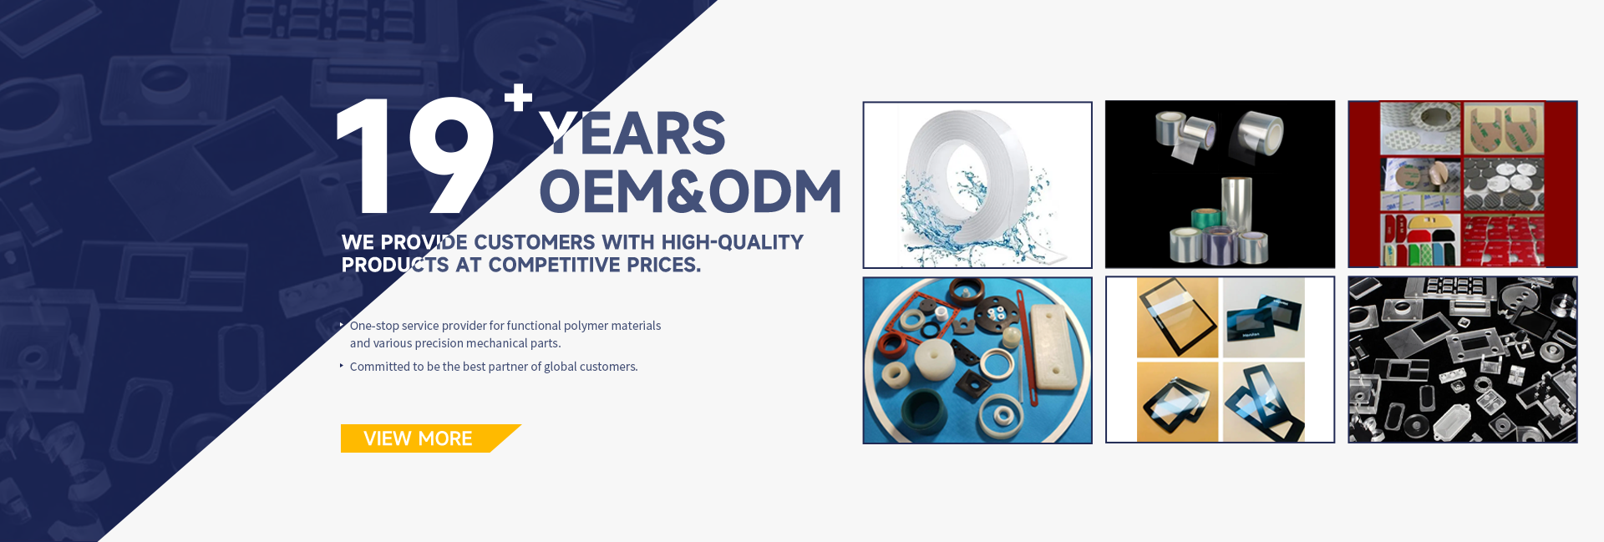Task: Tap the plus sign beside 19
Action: click(518, 97)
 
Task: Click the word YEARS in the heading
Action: click(632, 134)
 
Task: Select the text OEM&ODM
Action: click(691, 191)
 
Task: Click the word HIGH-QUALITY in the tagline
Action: click(732, 242)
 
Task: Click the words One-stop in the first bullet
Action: click(373, 326)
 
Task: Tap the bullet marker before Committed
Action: click(342, 366)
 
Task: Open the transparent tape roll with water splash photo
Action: click(977, 185)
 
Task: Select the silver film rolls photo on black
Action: click(1220, 185)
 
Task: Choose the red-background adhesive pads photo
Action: click(1462, 185)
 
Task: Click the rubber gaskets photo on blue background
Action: click(977, 360)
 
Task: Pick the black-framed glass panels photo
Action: click(1220, 360)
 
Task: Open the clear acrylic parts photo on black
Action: click(1462, 360)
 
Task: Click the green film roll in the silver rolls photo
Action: click(1200, 222)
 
